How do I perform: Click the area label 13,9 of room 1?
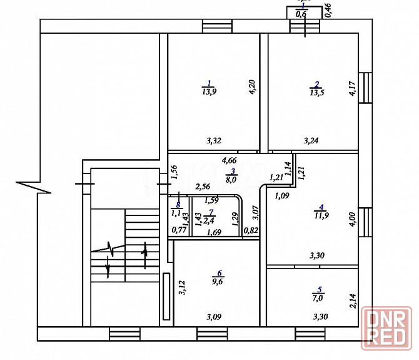point(209,91)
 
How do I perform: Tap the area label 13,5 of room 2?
point(316,93)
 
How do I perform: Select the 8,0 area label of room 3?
point(231,180)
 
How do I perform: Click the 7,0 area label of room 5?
point(320,298)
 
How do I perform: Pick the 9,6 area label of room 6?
point(219,282)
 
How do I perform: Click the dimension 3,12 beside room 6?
point(181,287)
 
